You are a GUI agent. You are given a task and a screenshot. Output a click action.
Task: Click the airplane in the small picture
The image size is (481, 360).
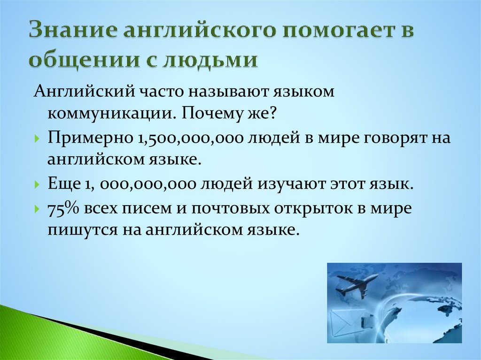tap(357, 284)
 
